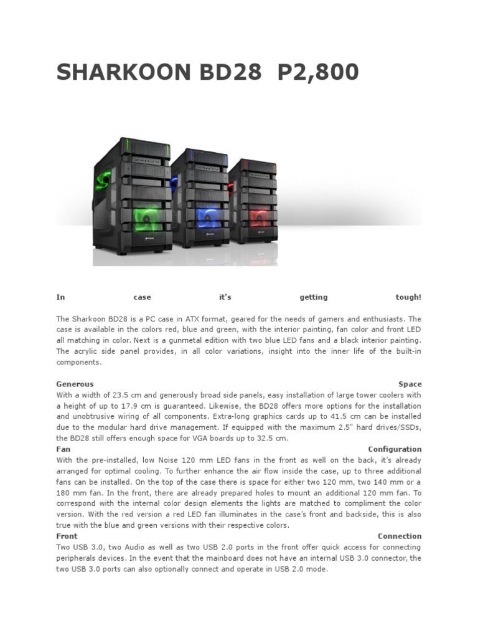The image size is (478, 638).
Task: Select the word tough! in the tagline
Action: click(408, 297)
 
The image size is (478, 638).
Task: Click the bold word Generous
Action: click(75, 384)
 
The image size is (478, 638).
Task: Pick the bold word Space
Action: click(410, 384)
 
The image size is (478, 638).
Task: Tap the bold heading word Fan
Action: click(63, 449)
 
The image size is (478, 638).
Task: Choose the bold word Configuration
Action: click(395, 449)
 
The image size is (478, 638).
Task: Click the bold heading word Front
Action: click(67, 536)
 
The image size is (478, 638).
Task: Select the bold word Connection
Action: click(399, 536)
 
